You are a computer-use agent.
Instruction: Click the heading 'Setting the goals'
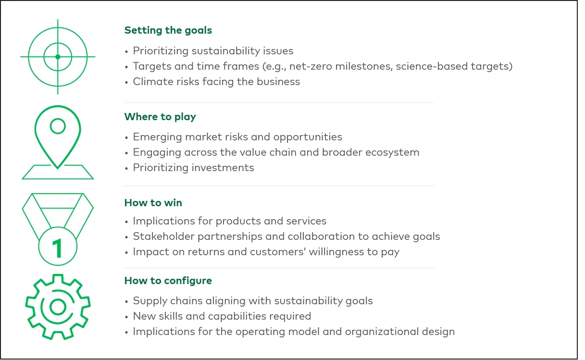168,30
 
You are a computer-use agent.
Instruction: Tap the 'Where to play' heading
160,117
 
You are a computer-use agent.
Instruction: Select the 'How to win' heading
153,202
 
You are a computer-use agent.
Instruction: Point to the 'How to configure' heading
168,280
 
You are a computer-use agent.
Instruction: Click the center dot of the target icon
58,57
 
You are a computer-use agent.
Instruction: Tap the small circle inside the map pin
58,126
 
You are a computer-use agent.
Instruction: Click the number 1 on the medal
57,248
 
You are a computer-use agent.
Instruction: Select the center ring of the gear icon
57,306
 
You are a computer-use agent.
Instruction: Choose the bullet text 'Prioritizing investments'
193,167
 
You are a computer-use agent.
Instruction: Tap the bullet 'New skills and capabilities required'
222,316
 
